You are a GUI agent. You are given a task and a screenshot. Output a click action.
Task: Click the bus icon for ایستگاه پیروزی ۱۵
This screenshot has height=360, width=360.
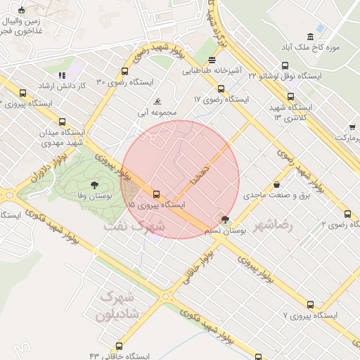tap(156, 194)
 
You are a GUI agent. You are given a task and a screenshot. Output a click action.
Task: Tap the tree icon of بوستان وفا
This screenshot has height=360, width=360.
tap(95, 166)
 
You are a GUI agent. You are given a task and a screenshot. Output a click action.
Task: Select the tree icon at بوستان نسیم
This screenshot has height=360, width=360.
tap(225, 220)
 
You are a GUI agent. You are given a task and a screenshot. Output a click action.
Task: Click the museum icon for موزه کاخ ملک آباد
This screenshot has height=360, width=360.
tap(310, 36)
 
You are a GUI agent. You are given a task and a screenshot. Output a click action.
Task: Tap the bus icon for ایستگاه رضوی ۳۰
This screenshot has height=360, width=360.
tap(124, 71)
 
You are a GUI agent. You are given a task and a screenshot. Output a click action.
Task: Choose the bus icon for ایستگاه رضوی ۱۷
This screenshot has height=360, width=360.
tap(221, 89)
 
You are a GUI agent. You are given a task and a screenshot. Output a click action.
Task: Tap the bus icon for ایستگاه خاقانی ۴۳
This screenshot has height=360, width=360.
tap(118, 346)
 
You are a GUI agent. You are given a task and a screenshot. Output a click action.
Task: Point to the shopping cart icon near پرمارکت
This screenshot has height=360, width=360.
tap(352, 127)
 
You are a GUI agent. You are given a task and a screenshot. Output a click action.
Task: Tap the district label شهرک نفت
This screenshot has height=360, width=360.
tap(134, 226)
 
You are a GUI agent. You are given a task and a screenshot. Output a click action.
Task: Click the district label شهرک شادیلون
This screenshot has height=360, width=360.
tap(119, 304)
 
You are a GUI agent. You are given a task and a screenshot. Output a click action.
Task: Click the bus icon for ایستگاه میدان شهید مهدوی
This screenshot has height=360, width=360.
tap(63, 122)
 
